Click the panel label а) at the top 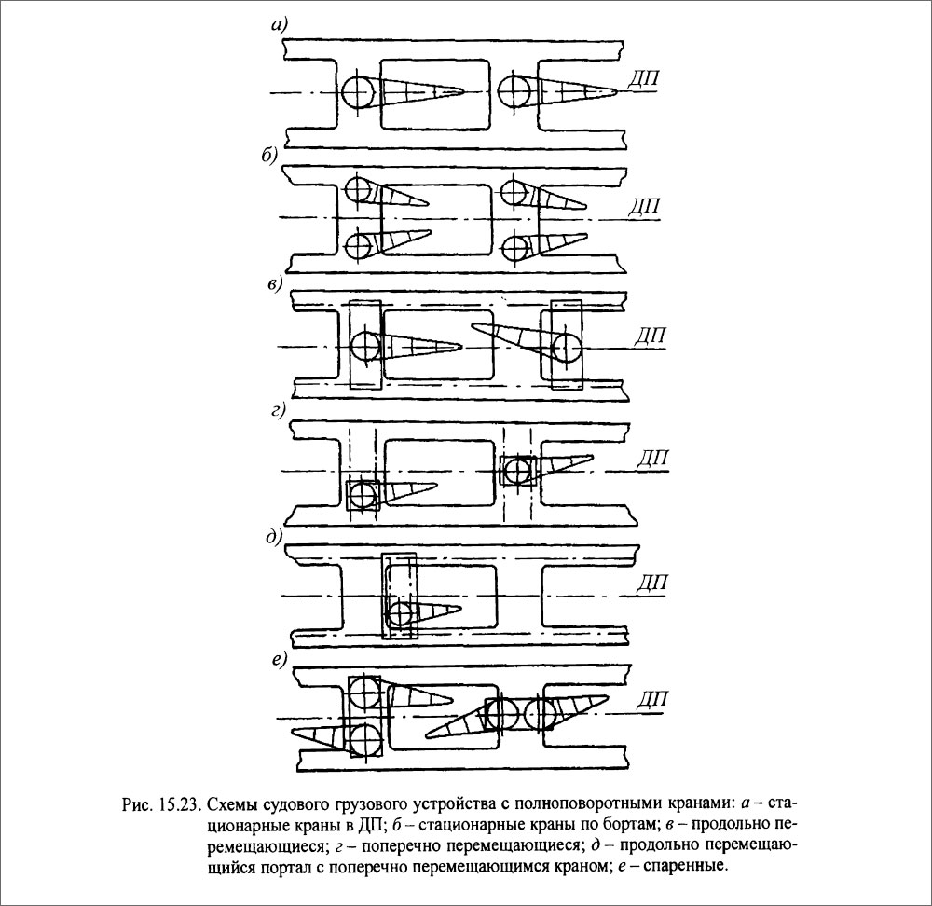click(x=279, y=27)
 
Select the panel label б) click(x=269, y=156)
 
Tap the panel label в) click(x=274, y=284)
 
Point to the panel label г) click(x=278, y=411)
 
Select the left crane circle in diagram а click(x=358, y=92)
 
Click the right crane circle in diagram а click(x=515, y=92)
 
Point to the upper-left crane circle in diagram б click(x=357, y=190)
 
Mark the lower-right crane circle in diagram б click(x=514, y=246)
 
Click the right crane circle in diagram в click(x=565, y=348)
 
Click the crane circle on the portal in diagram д click(x=401, y=614)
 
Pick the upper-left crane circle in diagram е click(x=364, y=693)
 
